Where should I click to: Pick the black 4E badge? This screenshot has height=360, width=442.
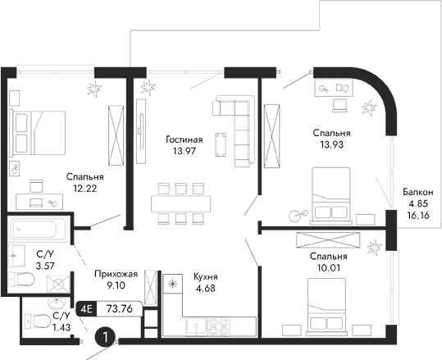(85, 309)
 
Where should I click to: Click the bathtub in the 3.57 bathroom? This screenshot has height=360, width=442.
(36, 228)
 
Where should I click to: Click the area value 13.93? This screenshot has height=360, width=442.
(331, 145)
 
